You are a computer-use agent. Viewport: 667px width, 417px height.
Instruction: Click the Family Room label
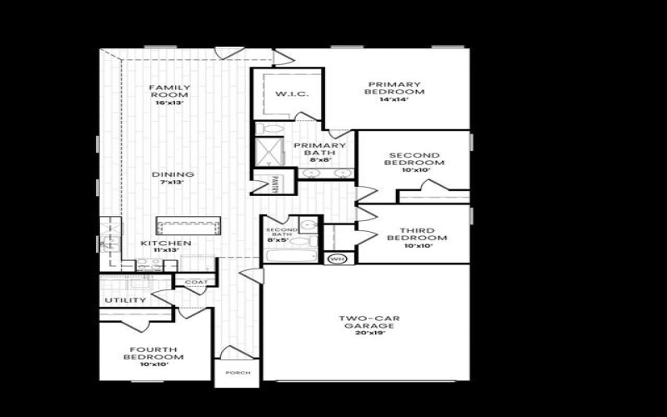(x=169, y=91)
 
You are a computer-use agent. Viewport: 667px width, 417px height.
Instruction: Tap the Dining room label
(x=173, y=174)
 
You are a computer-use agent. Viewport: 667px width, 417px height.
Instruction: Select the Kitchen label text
(x=166, y=244)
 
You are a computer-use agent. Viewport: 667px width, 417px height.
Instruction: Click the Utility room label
(x=126, y=300)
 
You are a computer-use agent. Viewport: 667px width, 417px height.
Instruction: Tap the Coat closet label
(x=196, y=282)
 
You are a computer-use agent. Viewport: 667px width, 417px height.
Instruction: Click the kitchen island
(x=189, y=226)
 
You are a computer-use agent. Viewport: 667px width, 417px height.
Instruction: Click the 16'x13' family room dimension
(x=169, y=102)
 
